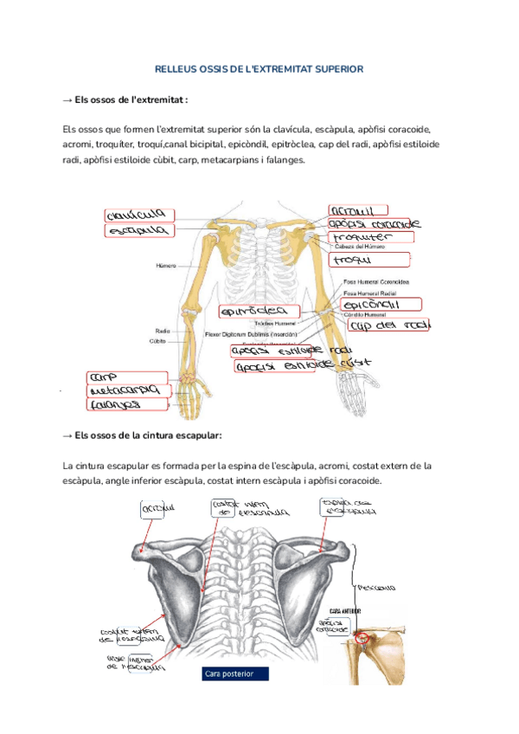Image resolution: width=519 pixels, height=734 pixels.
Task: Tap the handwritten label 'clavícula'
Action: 138,215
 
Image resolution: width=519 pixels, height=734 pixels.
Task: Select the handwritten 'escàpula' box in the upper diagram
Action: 138,231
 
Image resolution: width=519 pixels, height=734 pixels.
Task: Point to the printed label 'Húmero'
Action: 166,266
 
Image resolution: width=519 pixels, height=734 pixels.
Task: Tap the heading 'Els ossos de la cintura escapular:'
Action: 143,435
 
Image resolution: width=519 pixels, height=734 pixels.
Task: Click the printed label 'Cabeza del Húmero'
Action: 365,247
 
